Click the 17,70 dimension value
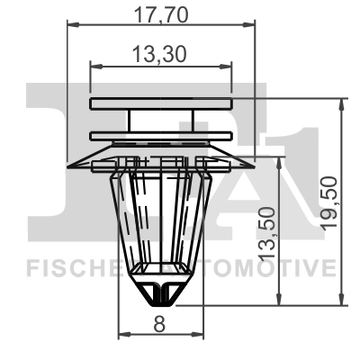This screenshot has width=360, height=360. tap(160, 13)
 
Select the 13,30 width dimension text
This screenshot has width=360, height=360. tap(160, 55)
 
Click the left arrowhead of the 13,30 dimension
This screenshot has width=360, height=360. tap(94, 65)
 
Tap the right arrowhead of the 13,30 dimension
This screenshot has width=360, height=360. tap(227, 65)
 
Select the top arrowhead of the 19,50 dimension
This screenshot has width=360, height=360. tap(340, 103)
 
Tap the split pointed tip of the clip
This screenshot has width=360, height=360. tap(161, 292)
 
